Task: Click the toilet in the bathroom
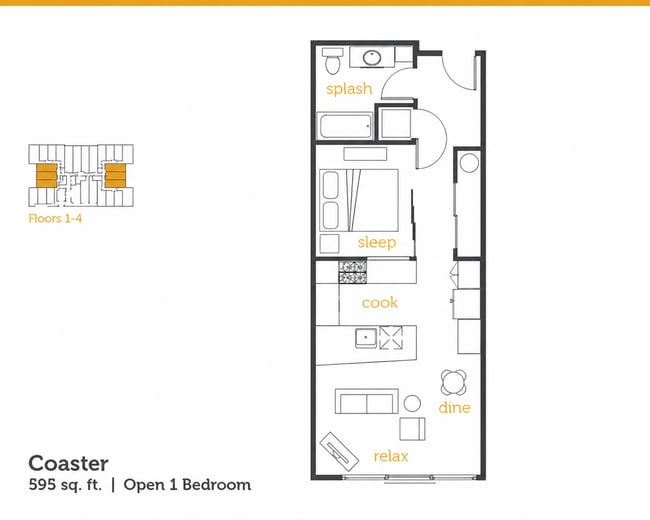coord(332,61)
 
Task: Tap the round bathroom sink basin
coord(372,58)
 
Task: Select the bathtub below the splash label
coord(345,126)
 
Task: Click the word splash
coord(349,89)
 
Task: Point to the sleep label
coord(377,242)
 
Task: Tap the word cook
coord(380,303)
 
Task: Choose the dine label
coord(454,408)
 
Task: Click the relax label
coord(391,457)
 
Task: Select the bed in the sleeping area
coord(359,200)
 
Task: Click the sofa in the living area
coord(366,401)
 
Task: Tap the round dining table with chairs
coord(454,382)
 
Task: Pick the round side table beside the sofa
coord(412,403)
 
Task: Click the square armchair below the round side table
coord(412,429)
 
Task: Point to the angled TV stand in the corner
coord(339,451)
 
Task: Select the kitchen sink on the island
coord(366,338)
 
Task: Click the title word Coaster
coord(68,463)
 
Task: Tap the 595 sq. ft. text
coord(65,485)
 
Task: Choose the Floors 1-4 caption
coord(55,218)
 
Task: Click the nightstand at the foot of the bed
coord(330,243)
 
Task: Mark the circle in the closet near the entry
coord(469,163)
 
